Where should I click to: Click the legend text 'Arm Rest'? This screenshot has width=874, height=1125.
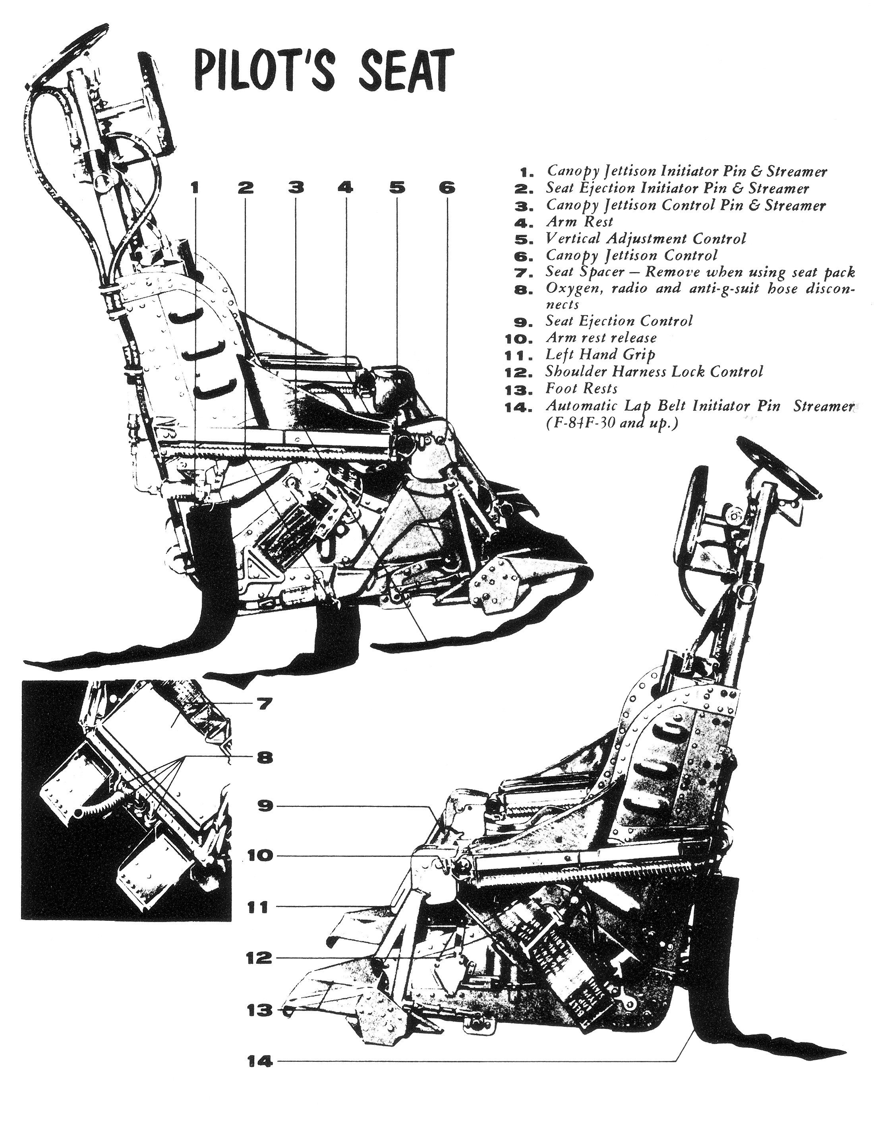[579, 222]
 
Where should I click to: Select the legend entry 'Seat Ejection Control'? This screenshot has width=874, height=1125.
[619, 321]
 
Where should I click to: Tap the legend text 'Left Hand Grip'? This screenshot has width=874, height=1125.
[600, 354]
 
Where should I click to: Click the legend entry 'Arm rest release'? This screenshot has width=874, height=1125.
[601, 338]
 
